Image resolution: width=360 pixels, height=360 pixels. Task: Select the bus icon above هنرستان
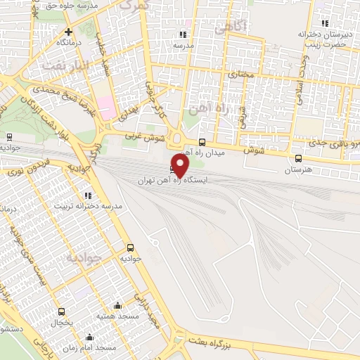pyautogui.click(x=300, y=159)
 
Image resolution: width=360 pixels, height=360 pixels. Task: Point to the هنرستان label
pyautogui.click(x=298, y=170)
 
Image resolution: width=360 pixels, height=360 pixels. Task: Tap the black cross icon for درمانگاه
pyautogui.click(x=68, y=32)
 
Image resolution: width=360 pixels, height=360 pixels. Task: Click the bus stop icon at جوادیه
pyautogui.click(x=130, y=247)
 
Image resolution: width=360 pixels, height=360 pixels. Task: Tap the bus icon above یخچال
pyautogui.click(x=61, y=311)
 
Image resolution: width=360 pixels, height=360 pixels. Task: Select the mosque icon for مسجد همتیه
pyautogui.click(x=117, y=305)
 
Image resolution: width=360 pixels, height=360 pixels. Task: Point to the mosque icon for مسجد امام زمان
pyautogui.click(x=89, y=337)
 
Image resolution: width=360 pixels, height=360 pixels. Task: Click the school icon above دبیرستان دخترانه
pyautogui.click(x=323, y=24)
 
